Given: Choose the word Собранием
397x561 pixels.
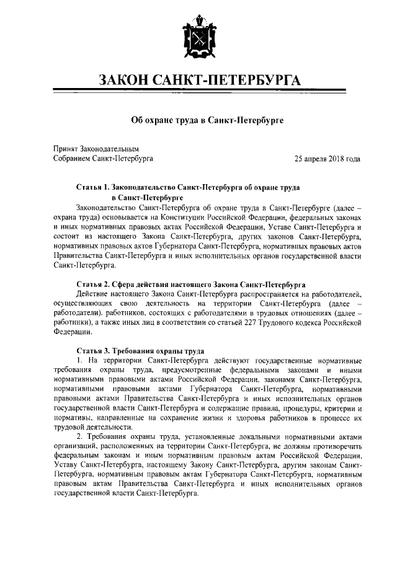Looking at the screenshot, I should click(x=77, y=159).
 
